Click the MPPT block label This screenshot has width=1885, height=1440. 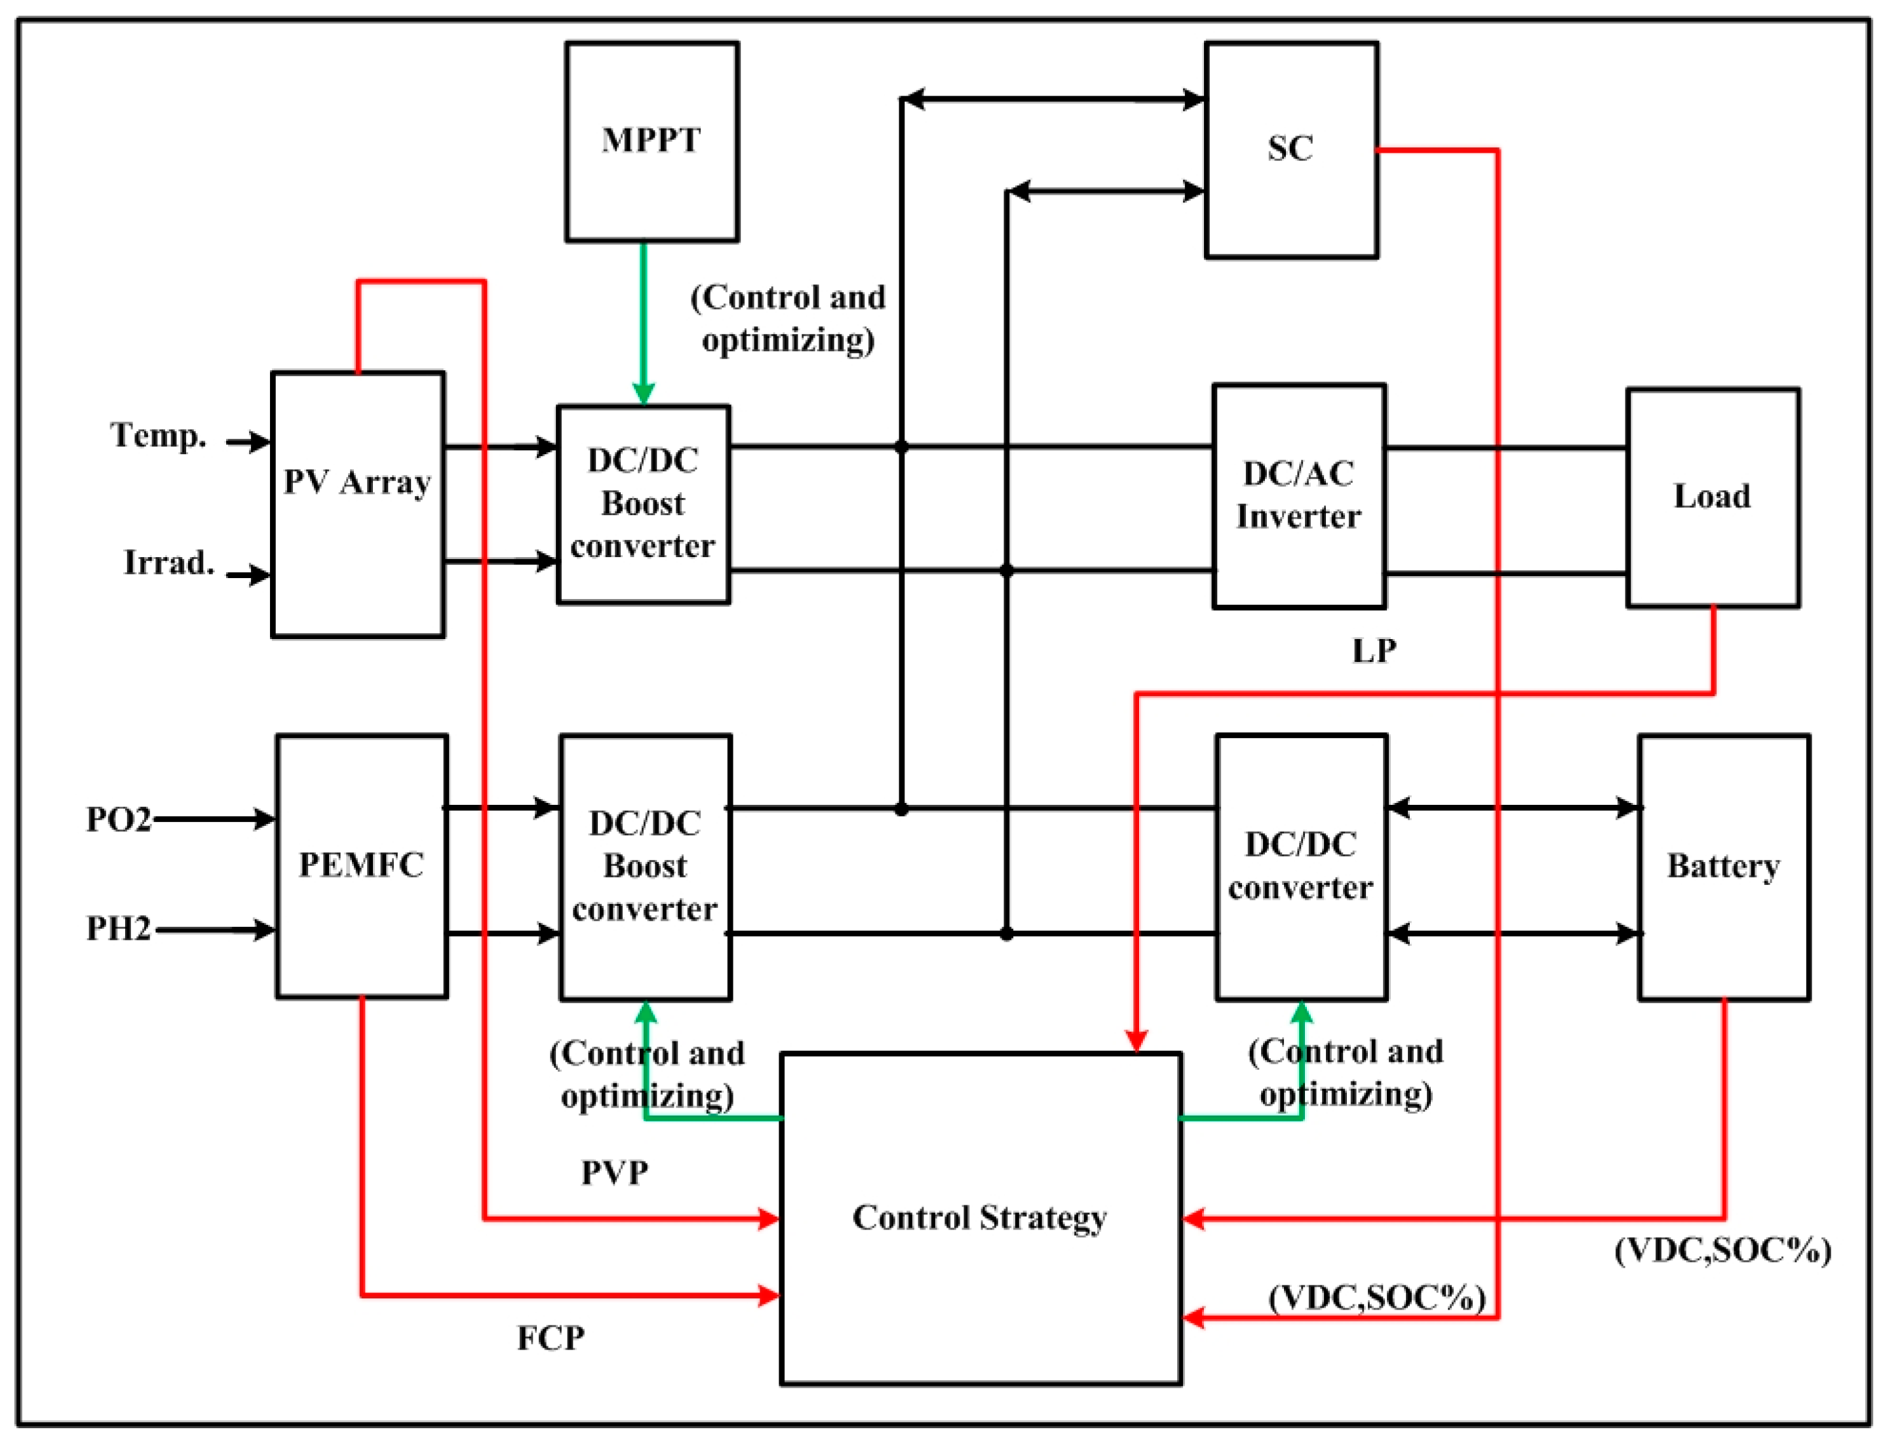click(x=651, y=140)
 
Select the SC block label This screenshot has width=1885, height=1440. click(x=1290, y=148)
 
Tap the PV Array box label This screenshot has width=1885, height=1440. click(x=357, y=482)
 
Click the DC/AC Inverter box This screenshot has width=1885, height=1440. click(x=1298, y=496)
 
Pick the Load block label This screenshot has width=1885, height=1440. click(x=1711, y=496)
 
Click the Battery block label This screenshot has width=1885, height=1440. click(x=1723, y=866)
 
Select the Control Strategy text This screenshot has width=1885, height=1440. click(x=979, y=1218)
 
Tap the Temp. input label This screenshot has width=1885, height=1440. click(x=159, y=435)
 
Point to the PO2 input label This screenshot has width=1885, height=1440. click(x=118, y=819)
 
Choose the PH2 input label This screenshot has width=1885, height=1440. click(x=118, y=928)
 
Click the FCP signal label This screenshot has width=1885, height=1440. click(x=551, y=1338)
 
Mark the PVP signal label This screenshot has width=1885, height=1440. click(x=615, y=1173)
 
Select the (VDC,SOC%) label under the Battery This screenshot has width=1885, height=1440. click(x=1722, y=1251)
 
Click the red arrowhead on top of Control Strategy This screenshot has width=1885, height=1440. click(x=1136, y=1040)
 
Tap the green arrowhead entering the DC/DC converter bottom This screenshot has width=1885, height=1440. click(x=1301, y=1014)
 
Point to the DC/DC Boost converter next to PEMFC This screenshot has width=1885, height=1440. click(x=645, y=866)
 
